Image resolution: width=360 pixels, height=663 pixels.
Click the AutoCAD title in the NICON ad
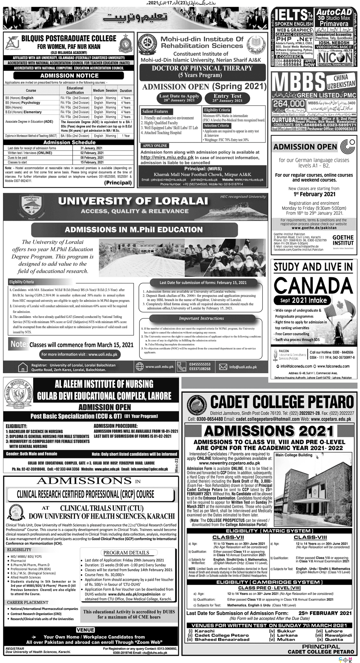pos(334,12)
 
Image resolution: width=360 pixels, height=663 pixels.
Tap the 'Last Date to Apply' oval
pos(179,98)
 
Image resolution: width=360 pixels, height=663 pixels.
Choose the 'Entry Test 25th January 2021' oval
pos(228,98)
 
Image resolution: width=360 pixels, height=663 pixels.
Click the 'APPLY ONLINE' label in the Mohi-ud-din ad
pos(155,145)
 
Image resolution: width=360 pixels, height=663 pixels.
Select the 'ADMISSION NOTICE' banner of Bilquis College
pos(69,76)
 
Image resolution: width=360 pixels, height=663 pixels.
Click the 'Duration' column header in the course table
pos(126,91)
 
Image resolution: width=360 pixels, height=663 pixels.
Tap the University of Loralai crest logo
pos(32,207)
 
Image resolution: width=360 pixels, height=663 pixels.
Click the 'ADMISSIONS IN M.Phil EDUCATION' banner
pos(134,230)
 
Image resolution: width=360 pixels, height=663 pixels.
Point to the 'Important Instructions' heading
pos(201,318)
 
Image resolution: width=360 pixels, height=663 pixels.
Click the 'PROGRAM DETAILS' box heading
pos(126,552)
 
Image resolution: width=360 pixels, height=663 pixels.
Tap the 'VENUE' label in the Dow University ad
pos(86,630)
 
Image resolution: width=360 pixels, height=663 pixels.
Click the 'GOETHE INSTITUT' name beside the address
pos(343,240)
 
